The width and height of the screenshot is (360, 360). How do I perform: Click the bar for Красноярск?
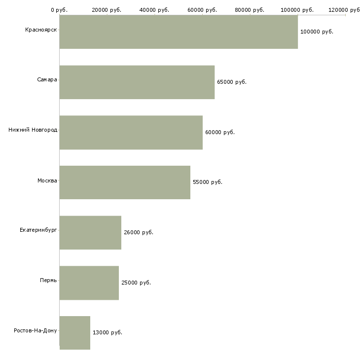click(179, 32)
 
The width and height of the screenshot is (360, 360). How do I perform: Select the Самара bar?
click(137, 82)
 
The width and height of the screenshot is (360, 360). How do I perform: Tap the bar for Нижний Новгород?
click(131, 132)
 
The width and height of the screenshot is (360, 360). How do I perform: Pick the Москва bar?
click(125, 182)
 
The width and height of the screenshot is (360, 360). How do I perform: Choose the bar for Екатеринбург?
click(90, 232)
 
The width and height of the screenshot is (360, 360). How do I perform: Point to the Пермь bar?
click(89, 283)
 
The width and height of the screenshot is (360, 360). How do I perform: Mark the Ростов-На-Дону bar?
click(75, 333)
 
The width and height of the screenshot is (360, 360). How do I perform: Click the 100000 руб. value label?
click(317, 32)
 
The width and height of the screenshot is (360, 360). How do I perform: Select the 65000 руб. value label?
click(232, 82)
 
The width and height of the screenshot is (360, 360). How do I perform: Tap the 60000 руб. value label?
click(220, 132)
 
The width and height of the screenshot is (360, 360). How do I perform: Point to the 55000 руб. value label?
click(208, 182)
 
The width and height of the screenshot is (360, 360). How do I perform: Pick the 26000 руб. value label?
click(139, 232)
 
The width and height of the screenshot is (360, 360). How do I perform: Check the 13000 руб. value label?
click(108, 332)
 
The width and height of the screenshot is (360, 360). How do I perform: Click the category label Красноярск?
click(41, 30)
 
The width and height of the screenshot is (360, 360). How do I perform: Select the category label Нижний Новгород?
click(33, 130)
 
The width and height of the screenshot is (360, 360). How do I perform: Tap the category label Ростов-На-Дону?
click(36, 330)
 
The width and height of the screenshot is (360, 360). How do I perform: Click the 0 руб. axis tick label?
click(59, 10)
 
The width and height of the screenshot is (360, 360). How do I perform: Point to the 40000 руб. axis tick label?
click(155, 10)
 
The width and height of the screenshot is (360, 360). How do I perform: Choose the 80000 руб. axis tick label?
click(250, 10)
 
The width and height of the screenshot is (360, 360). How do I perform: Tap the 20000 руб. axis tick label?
click(107, 10)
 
